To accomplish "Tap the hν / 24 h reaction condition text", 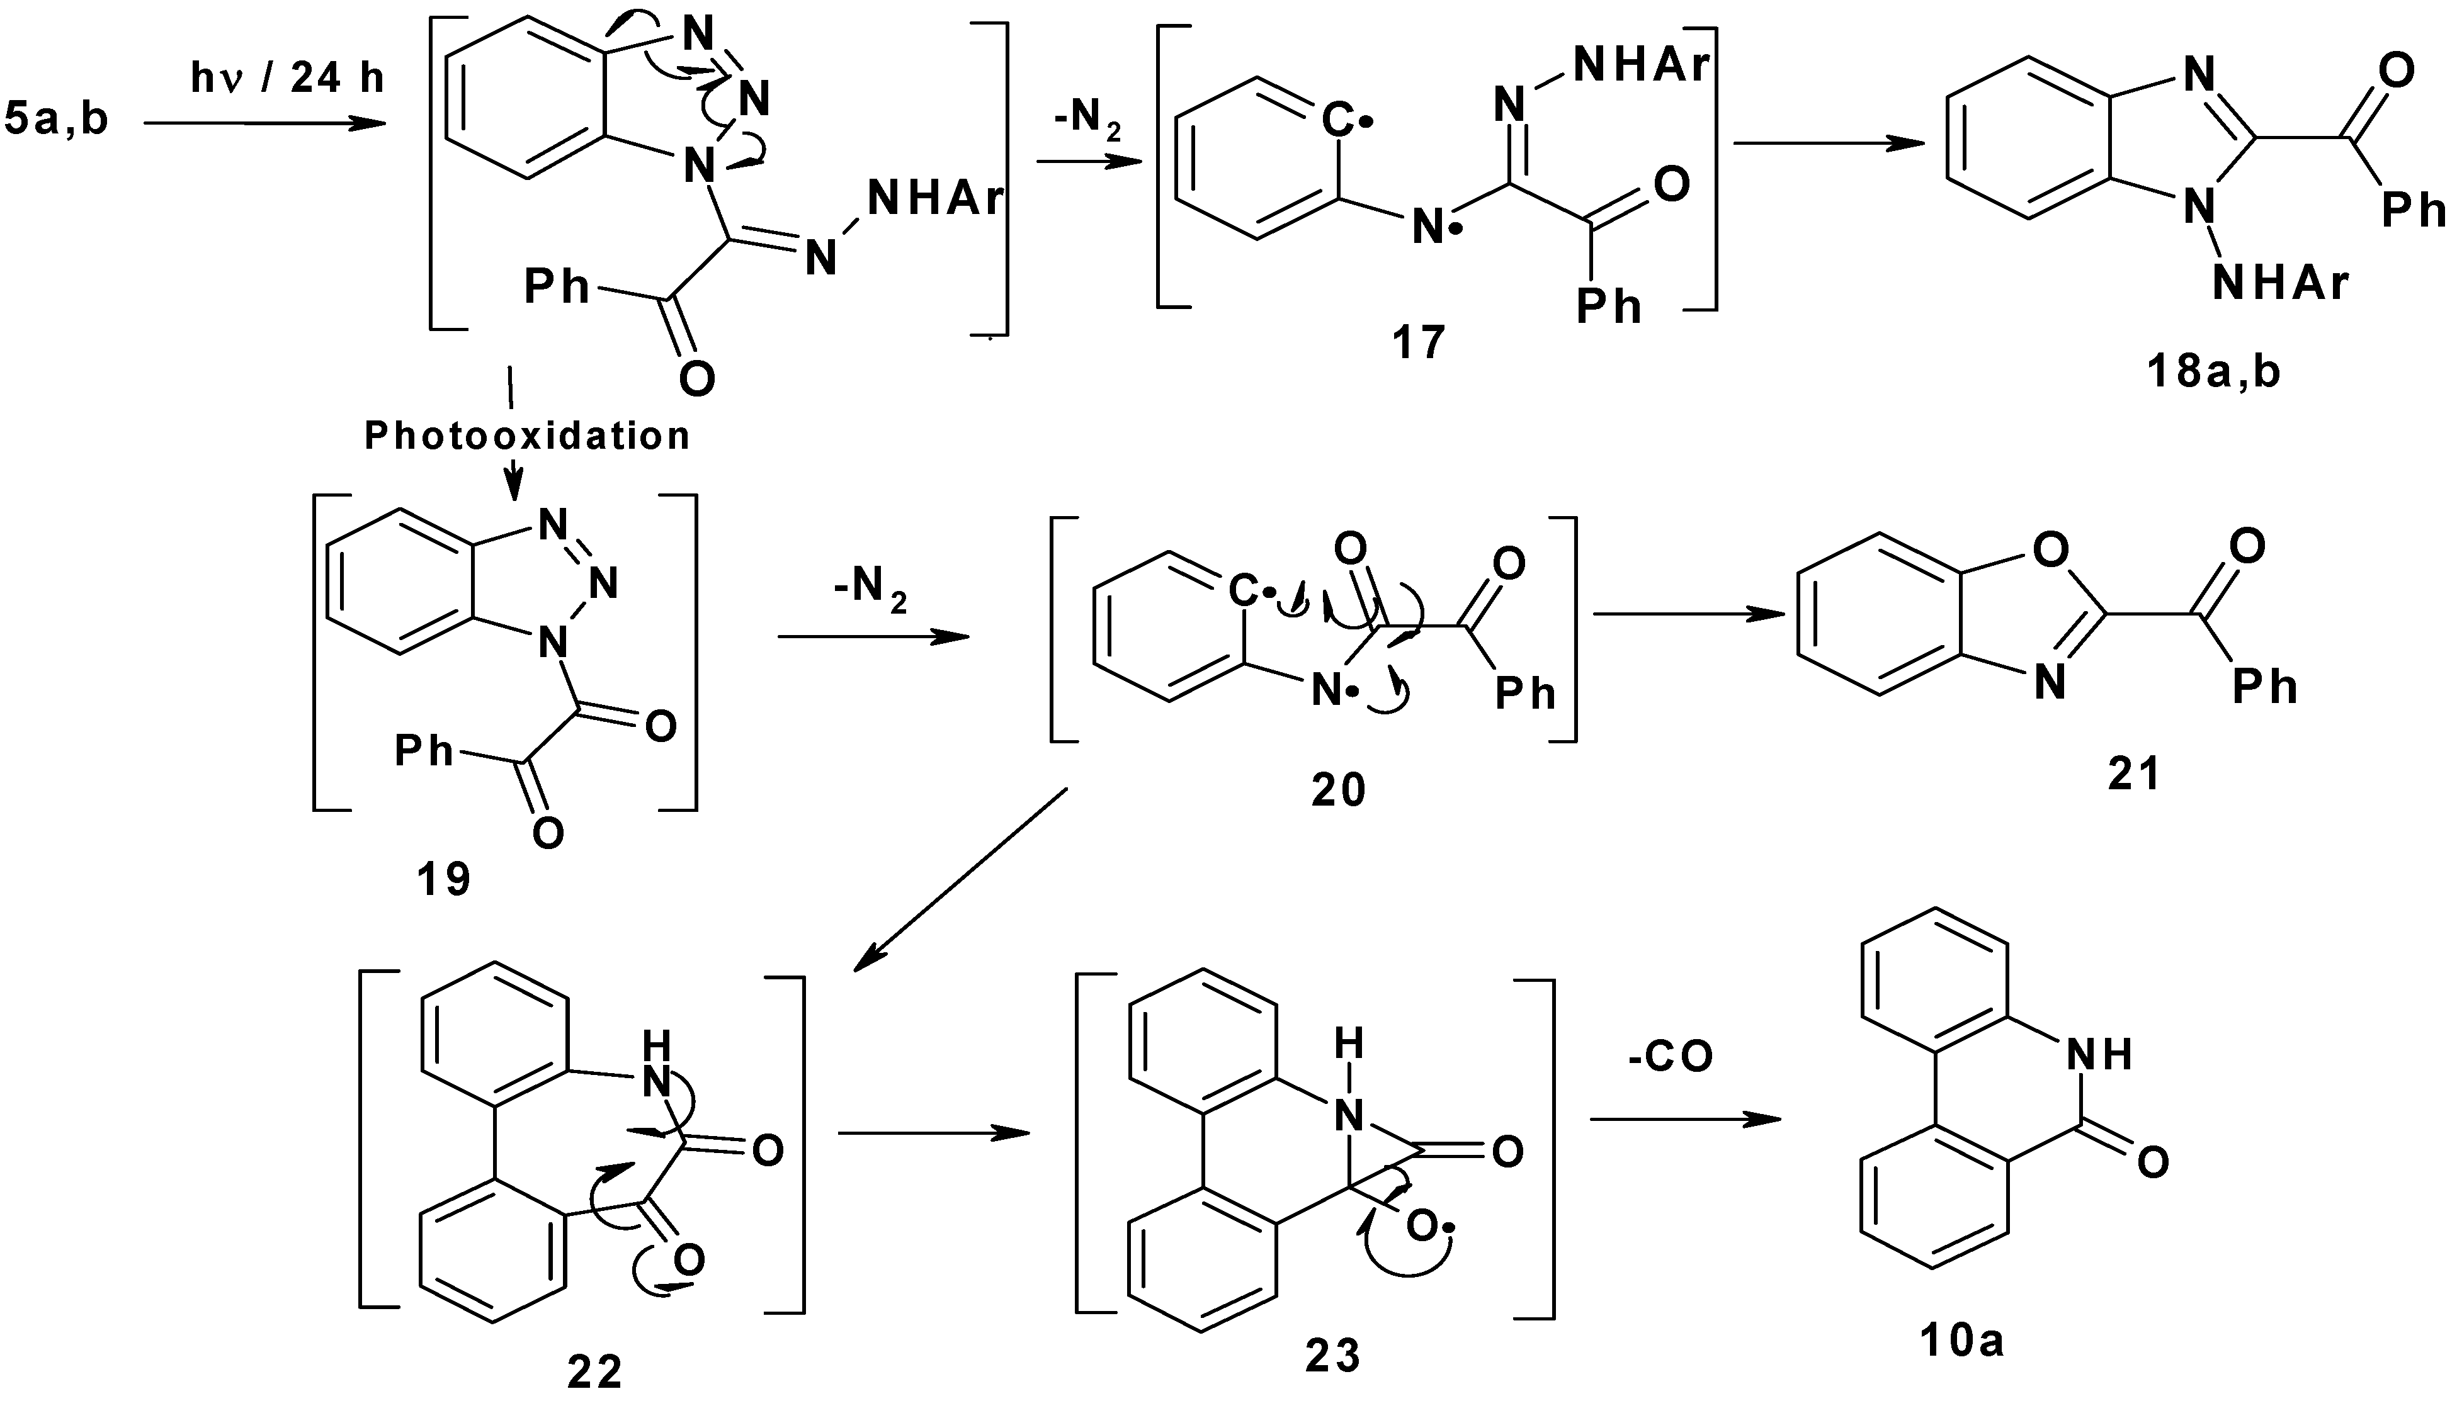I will click(287, 77).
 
